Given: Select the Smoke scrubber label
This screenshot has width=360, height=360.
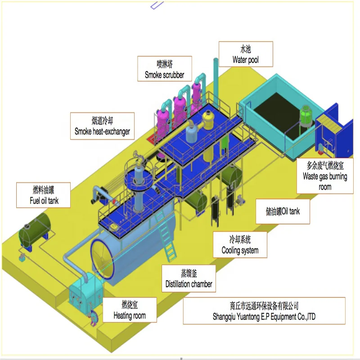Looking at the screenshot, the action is click(x=165, y=69).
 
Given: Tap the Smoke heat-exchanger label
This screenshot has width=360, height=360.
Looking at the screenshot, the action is click(x=102, y=126).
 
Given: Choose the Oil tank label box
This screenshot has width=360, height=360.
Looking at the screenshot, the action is click(x=283, y=211).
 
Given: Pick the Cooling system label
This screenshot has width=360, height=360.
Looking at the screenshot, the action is click(x=240, y=245).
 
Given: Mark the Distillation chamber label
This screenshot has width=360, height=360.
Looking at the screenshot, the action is click(x=189, y=279).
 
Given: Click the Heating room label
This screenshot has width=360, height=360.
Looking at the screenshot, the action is click(x=130, y=310).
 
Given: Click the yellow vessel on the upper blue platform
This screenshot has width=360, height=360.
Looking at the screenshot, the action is click(x=208, y=119).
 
